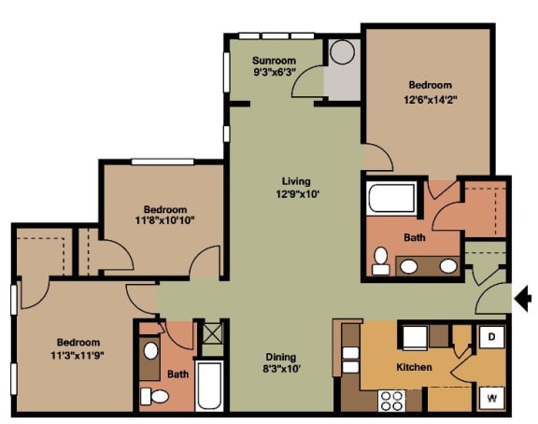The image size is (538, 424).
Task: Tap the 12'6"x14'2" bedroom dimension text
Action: [430, 98]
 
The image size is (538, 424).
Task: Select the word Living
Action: [296, 181]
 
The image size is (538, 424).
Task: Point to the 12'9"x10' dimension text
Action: [296, 194]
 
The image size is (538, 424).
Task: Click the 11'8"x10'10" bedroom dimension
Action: [164, 221]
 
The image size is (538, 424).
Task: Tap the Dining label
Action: [280, 357]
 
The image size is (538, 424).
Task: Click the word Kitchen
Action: [414, 367]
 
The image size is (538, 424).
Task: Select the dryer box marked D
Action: [492, 337]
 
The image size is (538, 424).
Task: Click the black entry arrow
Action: [524, 299]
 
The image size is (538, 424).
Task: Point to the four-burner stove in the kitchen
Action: [389, 403]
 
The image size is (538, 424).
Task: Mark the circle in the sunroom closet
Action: [343, 52]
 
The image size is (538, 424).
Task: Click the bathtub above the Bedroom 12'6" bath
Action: [391, 198]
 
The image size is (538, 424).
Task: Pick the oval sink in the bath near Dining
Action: [150, 351]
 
